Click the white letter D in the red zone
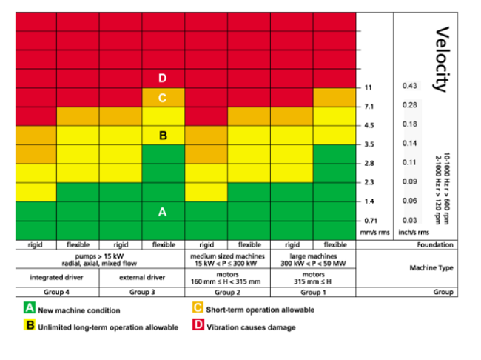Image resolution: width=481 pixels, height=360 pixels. [163, 79]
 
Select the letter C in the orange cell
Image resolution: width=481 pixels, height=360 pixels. [163, 97]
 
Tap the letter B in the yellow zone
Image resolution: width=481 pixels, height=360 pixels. [163, 136]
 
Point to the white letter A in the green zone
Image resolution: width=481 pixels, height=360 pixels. [163, 212]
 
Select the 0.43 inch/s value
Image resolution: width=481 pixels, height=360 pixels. [410, 87]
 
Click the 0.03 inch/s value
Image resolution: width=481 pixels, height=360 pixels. [410, 220]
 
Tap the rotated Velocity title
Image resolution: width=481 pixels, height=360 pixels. [443, 59]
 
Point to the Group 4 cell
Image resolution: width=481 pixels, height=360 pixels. [57, 292]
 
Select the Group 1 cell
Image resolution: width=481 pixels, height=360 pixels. [314, 292]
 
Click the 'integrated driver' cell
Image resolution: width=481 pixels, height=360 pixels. [57, 278]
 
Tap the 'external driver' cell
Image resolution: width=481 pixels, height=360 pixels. [142, 278]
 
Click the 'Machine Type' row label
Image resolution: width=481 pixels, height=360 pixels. [431, 268]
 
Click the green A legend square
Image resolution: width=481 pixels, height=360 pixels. [30, 308]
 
